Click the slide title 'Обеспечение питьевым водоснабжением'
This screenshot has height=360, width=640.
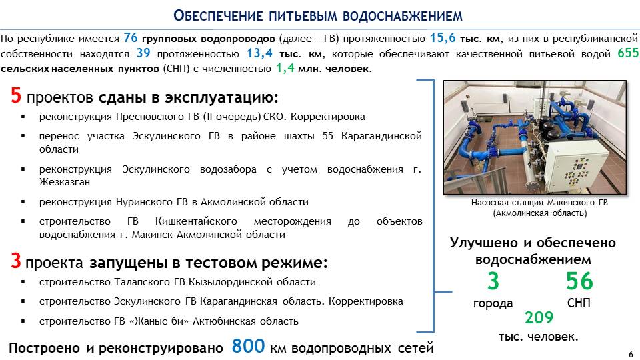318,15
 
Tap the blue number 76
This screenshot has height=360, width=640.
131,38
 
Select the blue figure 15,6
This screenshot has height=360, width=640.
443,39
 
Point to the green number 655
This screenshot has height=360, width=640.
628,53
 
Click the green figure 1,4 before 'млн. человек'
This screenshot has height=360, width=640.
285,68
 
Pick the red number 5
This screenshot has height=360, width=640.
16,95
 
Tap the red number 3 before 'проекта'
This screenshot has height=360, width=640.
16,261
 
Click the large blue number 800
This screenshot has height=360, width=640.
248,346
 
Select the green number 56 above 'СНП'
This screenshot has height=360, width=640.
579,281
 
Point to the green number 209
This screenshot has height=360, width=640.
539,317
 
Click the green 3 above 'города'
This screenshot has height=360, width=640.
493,281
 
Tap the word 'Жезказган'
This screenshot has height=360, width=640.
65,182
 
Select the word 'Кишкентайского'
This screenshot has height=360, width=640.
196,221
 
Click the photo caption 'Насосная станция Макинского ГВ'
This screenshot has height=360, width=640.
539,203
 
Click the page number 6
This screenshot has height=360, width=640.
631,354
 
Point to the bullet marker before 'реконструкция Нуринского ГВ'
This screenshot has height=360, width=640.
23,202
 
